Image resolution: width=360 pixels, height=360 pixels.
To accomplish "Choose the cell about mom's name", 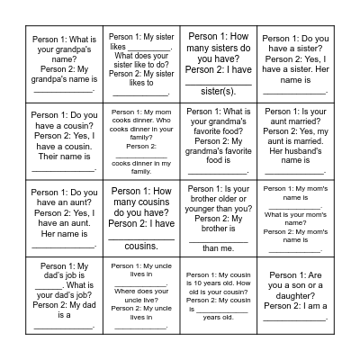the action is (x=295, y=219).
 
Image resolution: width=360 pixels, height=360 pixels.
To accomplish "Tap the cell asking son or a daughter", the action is (x=295, y=296).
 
